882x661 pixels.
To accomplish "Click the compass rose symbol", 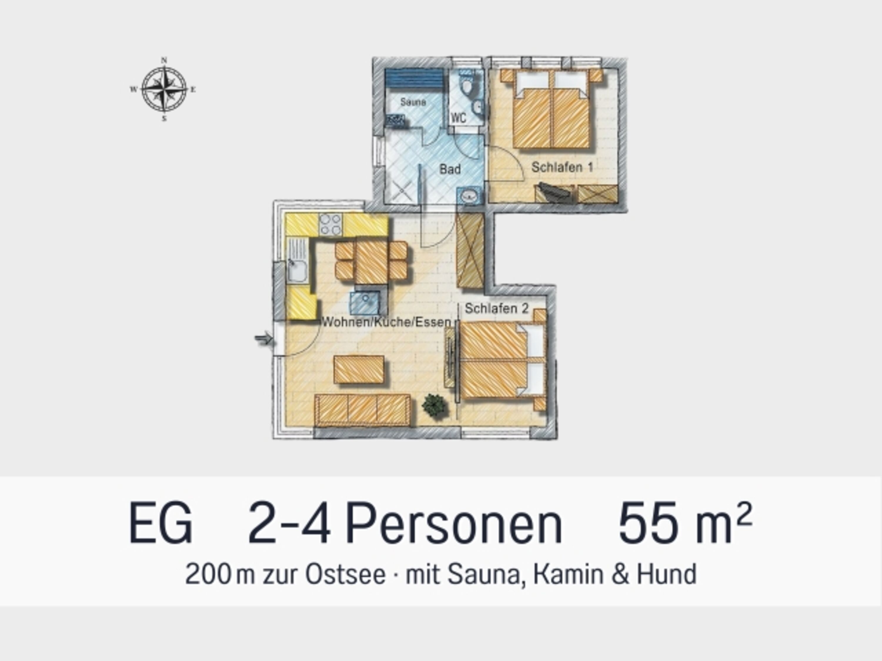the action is pos(164,89).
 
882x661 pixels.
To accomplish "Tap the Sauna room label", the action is pos(413,102).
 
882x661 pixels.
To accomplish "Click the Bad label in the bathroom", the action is pos(450,169).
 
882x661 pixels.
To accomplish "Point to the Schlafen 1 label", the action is pos(562,167).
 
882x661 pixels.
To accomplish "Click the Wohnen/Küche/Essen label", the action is pos(386,322).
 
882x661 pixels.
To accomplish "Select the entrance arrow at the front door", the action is pos(263,339).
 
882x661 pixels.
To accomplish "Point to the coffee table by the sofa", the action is pos(359,370).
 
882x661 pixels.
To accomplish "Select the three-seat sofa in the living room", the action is pos(363,410).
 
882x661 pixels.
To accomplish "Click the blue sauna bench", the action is pos(414,81).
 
